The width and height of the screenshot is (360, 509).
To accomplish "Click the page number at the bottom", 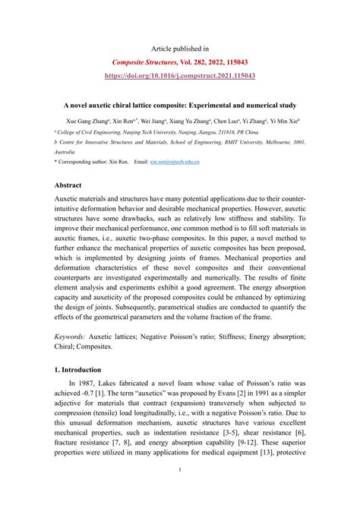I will coord(179,491).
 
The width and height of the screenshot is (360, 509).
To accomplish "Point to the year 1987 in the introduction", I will coord(99,385).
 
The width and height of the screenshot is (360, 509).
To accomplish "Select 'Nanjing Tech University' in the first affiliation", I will coord(158,131).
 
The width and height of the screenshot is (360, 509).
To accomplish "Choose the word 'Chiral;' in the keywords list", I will coord(71,346).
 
